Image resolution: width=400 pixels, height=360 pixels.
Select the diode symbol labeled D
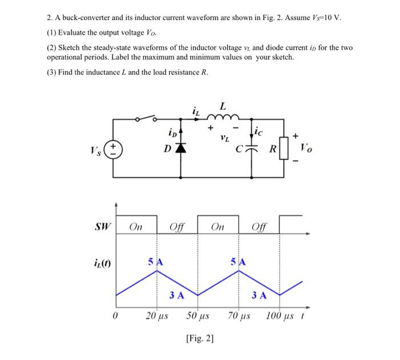coord(182,150)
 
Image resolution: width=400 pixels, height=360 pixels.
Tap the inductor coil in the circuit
coord(222,119)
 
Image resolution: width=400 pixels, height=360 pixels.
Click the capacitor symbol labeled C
coord(252,150)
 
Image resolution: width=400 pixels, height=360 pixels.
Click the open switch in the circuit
coord(146,118)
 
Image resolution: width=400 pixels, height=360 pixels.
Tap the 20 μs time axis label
coord(157,315)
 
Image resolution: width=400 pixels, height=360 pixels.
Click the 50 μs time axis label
coord(198,315)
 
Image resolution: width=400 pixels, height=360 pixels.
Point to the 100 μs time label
coord(281,315)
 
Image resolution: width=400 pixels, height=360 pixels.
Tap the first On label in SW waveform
coord(136,226)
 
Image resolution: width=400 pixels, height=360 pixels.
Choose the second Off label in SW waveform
coord(258,227)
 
